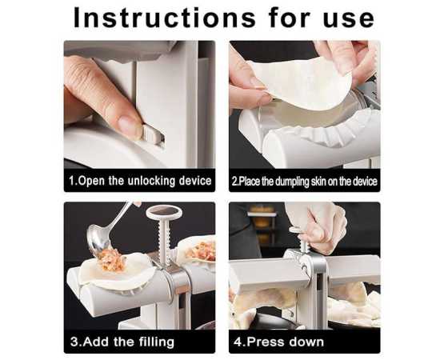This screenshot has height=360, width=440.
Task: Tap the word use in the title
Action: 349,19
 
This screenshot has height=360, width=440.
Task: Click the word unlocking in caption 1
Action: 151,181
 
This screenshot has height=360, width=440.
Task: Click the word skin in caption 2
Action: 318,182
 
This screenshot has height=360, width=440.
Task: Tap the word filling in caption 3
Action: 157,342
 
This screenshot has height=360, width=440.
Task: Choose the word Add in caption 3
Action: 96,342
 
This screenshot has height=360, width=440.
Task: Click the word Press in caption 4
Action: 264,342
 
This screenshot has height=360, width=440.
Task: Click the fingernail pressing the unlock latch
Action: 130,125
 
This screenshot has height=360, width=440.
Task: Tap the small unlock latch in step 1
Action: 153,134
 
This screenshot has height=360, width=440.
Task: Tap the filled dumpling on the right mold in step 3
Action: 197,250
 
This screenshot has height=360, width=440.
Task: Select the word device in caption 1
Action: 195,181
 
